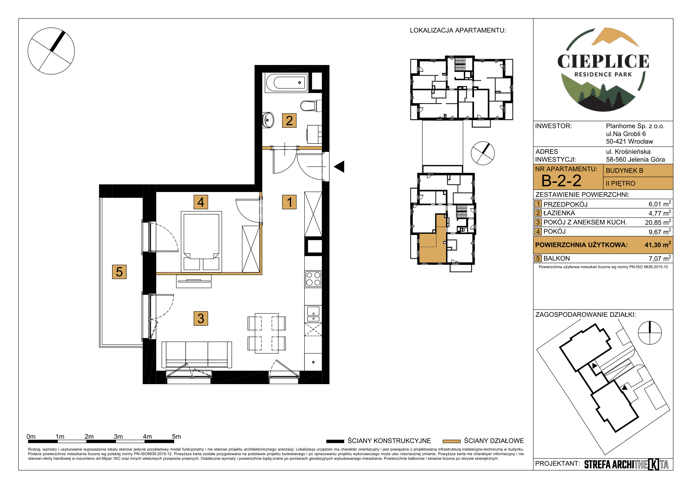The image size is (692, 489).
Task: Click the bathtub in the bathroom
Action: pos(286,82)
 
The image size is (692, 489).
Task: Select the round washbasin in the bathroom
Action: pos(268,120)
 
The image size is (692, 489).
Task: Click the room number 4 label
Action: pos(201,202)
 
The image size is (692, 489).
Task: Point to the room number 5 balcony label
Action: pos(119,272)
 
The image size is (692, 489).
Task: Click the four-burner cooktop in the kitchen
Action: pos(313,279)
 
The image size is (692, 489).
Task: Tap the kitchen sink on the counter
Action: pos(313,314)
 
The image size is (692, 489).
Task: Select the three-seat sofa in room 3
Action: pos(197,355)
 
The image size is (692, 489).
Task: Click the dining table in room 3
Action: pos(267,333)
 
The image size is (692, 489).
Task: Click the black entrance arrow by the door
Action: pos(339,167)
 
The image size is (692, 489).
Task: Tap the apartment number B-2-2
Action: pos(561,180)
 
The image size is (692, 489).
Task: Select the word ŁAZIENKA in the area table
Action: pos(559,213)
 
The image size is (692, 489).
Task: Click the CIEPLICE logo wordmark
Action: pos(603,61)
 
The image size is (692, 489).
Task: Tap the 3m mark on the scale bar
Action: pos(118,436)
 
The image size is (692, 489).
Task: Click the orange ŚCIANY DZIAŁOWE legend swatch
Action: pos(451,441)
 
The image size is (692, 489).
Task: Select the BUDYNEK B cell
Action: pos(638,171)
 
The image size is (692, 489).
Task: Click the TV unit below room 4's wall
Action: pos(194,281)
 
